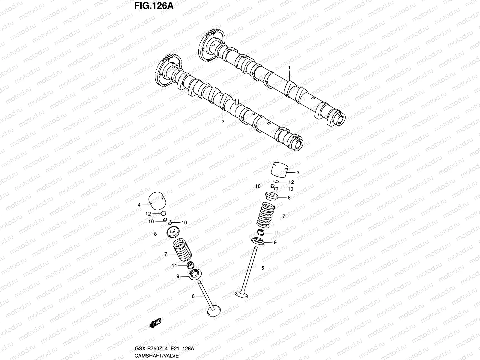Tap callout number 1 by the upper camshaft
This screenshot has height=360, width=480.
289,68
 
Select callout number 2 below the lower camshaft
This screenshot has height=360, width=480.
223,122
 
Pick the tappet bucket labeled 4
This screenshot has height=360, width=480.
158,201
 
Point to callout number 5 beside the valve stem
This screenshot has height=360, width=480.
263,268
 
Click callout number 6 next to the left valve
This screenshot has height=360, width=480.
193,296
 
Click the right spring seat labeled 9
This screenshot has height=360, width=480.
259,241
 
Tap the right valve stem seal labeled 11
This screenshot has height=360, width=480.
261,232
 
